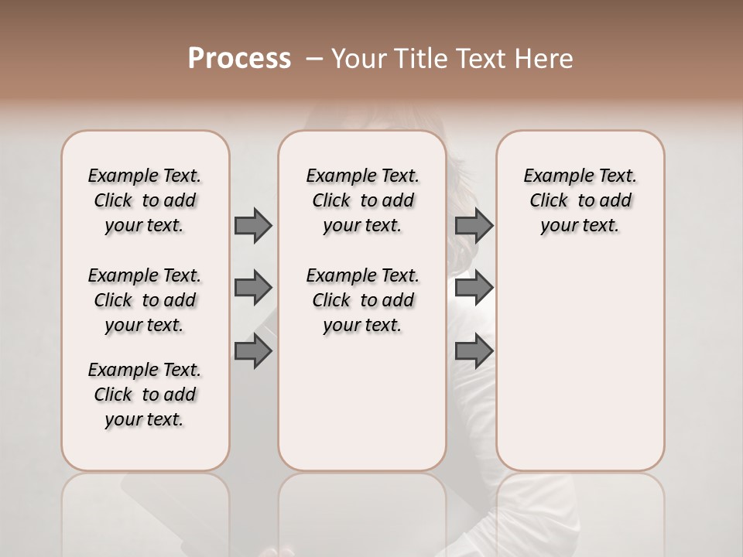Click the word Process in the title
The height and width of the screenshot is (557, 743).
point(239,58)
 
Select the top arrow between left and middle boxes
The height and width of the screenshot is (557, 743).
point(253,226)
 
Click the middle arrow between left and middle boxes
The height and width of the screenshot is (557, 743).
point(253,288)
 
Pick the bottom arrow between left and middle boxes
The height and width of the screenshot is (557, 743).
point(253,352)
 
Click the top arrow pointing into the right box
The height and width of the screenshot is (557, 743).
point(474,226)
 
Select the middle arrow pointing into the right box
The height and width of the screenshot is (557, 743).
point(474,288)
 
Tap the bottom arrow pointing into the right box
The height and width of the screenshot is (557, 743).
point(474,352)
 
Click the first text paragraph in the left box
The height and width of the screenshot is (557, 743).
point(145,200)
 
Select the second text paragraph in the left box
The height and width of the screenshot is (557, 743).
point(145,300)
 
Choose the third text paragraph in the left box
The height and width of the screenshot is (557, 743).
point(145,395)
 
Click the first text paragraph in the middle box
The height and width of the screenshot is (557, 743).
point(363,200)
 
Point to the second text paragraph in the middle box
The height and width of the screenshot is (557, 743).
point(363,300)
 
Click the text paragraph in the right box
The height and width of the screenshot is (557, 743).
point(580,200)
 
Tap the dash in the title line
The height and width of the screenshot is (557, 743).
point(314,59)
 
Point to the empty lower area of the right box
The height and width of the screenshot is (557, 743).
point(580,371)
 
